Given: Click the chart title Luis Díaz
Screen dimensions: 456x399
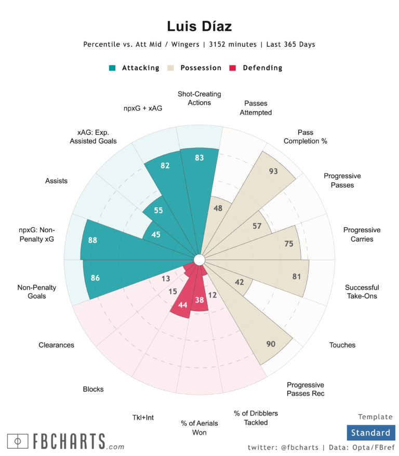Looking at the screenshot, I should coord(199,26).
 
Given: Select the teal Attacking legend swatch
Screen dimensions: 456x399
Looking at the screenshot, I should coord(112,68).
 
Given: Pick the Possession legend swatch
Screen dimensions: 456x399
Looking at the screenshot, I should coord(170,68).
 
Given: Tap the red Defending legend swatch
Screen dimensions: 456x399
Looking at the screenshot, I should coord(233,68).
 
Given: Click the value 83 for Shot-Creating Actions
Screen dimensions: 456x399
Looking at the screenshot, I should coord(199,158).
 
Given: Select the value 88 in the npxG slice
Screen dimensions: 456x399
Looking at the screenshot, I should coord(93,240).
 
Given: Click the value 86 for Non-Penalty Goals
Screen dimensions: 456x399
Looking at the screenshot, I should coord(95,278).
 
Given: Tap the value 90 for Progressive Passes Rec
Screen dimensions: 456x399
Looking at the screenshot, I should coord(271,344).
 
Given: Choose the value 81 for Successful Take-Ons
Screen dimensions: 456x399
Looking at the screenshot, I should coord(297,276).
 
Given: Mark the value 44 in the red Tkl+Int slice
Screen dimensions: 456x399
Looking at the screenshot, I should coord(182,305).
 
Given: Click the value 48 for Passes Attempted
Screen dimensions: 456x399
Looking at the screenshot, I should coord(218,208).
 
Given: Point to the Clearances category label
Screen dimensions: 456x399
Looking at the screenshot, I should coord(56,345).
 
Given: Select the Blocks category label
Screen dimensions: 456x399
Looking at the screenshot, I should coord(93,389).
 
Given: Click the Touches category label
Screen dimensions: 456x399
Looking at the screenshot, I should coord(342,345).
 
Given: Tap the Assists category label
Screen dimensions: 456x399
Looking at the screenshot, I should coord(56,181).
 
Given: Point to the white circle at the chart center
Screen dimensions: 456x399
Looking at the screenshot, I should coord(199,259).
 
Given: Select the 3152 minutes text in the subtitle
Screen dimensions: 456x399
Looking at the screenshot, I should coord(228,45).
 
